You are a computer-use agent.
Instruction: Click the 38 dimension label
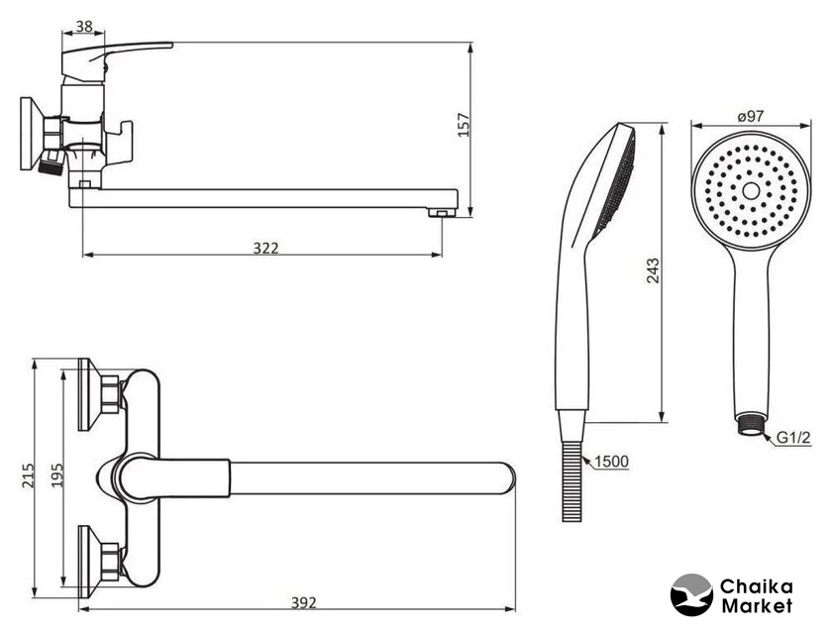click(x=84, y=26)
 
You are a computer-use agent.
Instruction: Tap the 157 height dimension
click(x=464, y=125)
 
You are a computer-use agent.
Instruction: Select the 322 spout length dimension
click(x=265, y=248)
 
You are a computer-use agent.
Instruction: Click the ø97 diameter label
click(x=751, y=116)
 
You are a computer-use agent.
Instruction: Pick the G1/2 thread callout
click(x=793, y=438)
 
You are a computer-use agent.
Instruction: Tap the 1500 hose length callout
click(x=611, y=462)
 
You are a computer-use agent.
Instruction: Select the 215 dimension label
click(x=28, y=475)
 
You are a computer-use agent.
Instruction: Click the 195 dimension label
click(x=56, y=474)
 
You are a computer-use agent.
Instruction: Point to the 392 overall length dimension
click(x=303, y=602)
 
